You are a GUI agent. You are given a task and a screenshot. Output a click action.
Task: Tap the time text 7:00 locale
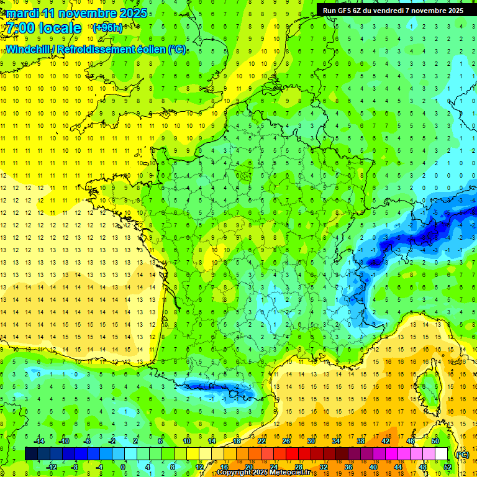point(43,28)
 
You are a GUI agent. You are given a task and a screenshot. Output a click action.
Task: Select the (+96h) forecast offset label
point(107,27)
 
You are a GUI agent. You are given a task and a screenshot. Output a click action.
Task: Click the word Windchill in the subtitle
point(29,49)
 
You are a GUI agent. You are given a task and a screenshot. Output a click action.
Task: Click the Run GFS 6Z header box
point(393,10)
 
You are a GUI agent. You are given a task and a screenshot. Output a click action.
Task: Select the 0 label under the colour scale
point(123,466)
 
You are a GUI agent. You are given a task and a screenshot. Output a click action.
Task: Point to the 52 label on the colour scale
point(447,466)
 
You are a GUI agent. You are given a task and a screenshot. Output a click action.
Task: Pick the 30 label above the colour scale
point(311,441)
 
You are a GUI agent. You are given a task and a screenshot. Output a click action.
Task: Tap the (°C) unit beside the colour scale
point(462,454)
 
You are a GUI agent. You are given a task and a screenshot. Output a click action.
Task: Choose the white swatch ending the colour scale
point(441,453)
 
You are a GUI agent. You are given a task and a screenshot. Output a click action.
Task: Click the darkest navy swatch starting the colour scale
point(31,453)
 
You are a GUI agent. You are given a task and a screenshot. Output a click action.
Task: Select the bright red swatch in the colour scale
point(292,453)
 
